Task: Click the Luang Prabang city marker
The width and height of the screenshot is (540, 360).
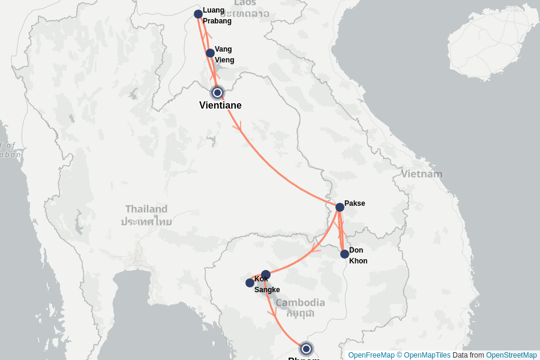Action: click(x=198, y=14)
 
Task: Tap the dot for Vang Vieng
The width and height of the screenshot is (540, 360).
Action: click(x=210, y=53)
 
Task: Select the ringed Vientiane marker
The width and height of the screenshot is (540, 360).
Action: click(x=217, y=92)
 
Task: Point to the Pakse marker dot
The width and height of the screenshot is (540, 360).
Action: click(x=340, y=207)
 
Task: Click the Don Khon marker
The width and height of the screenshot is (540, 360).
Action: click(x=344, y=254)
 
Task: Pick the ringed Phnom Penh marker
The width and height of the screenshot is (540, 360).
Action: click(x=307, y=349)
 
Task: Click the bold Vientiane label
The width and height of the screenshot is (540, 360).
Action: click(x=220, y=106)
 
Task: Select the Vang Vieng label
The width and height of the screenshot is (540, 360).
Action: click(x=224, y=55)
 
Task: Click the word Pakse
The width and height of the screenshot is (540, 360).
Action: click(x=355, y=203)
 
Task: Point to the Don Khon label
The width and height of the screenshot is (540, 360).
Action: click(x=358, y=256)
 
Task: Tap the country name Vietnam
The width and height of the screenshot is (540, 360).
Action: click(x=422, y=174)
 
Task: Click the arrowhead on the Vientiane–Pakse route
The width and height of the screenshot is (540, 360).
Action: click(x=239, y=126)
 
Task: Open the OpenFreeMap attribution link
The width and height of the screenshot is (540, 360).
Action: click(x=371, y=355)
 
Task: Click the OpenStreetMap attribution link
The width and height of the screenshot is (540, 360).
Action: click(x=511, y=355)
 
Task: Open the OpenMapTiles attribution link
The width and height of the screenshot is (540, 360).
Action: click(x=427, y=355)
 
